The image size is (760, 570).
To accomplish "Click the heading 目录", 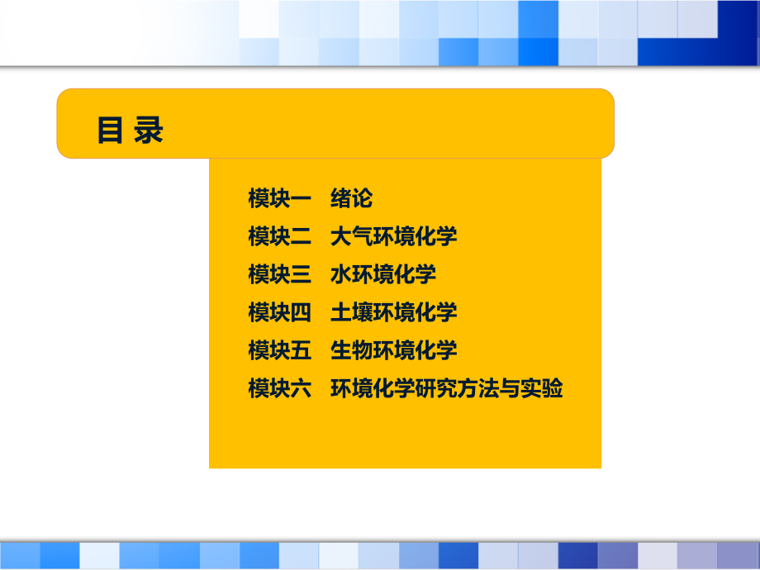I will coord(131,131).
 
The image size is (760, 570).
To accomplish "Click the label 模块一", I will coord(279,199).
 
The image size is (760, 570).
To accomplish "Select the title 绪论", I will coord(351,199).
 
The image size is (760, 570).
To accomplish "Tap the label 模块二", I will coord(279,237).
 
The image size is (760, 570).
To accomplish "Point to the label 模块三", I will coord(279,275).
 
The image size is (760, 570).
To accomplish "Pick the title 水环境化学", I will coord(382,275).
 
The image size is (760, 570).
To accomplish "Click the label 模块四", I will coord(279,312).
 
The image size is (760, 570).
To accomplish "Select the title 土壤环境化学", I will coord(393,312).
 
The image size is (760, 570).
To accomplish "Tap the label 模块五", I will coord(279,350).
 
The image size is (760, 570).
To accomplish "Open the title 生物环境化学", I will coord(393,350).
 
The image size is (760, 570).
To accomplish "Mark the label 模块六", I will coord(279,388).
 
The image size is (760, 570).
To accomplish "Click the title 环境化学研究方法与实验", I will coord(446,388).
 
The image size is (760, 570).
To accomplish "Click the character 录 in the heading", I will coord(150,131).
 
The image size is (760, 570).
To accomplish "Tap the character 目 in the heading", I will coord(110,131).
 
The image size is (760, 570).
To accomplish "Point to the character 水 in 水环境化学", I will coord(340,275).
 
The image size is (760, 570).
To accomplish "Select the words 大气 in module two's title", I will coord(351,237).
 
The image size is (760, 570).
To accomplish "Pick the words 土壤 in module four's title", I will coord(351,312).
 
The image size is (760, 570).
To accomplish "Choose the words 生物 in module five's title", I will coord(351,350).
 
